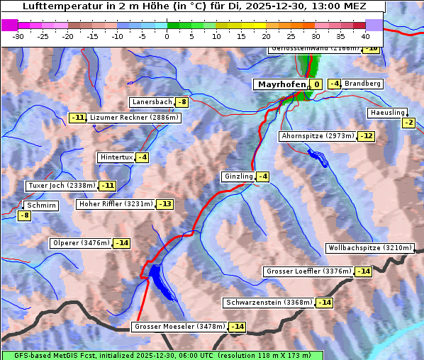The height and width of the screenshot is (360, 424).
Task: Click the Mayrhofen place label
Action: (281, 84)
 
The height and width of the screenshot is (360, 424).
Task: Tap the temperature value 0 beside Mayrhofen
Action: (316, 84)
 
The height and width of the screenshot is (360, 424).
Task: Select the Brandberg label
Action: (363, 84)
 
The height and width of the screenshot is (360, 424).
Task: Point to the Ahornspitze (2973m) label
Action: (317, 135)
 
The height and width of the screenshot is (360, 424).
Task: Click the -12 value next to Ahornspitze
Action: (366, 136)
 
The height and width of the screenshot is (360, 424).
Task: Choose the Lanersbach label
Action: (152, 102)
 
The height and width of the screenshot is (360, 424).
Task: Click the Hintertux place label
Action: (116, 157)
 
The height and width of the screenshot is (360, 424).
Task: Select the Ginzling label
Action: (238, 176)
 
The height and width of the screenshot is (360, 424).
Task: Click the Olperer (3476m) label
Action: (81, 243)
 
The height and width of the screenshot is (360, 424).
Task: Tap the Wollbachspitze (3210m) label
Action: (369, 248)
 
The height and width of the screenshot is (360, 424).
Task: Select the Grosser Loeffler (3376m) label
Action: (308, 271)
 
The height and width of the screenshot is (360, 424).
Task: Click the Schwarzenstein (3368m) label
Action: (268, 303)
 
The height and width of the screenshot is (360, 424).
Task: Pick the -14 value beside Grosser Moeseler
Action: (237, 327)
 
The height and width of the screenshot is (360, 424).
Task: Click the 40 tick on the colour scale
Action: (365, 36)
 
